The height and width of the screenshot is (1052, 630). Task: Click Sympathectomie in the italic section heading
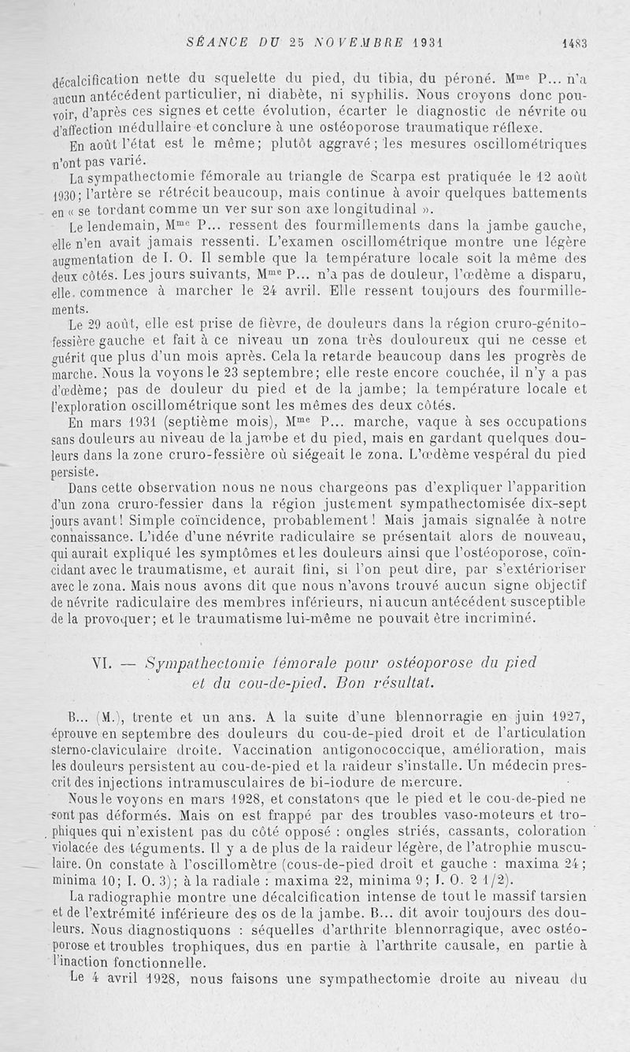193,663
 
